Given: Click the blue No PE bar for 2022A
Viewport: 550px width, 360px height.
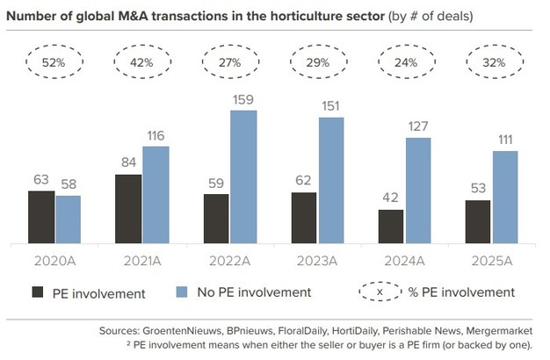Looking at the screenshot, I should (x=243, y=177).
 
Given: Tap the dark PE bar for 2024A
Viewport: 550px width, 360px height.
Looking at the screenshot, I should (x=391, y=227).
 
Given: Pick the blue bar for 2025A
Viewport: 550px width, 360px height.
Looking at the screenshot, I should (x=505, y=198).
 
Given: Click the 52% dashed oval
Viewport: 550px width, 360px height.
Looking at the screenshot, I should (x=54, y=62).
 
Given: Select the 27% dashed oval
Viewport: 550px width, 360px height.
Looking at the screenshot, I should (x=230, y=62).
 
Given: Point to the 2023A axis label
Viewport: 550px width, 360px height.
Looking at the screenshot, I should (x=317, y=261).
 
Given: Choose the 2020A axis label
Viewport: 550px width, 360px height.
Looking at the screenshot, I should (x=54, y=261).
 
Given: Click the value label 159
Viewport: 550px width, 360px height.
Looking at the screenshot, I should (x=243, y=100).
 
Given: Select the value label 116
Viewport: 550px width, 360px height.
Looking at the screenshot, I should (x=156, y=136).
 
